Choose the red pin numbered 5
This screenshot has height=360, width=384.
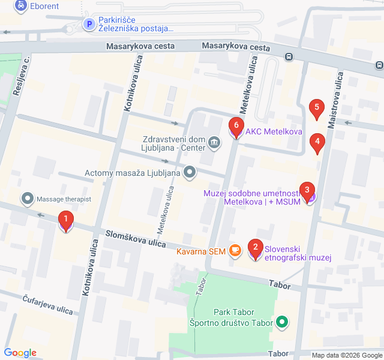(x=316, y=109)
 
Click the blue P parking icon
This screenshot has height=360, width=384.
(x=88, y=25)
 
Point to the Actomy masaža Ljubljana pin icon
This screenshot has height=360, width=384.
(x=190, y=173)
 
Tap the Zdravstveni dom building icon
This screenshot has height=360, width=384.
(x=214, y=142)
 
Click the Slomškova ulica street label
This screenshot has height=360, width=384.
(x=136, y=238)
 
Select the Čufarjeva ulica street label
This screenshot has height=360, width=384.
(x=47, y=305)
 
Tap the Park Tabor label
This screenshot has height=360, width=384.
(x=234, y=312)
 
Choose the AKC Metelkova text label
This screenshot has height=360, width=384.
(x=273, y=132)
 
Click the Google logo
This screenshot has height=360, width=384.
(x=20, y=353)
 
